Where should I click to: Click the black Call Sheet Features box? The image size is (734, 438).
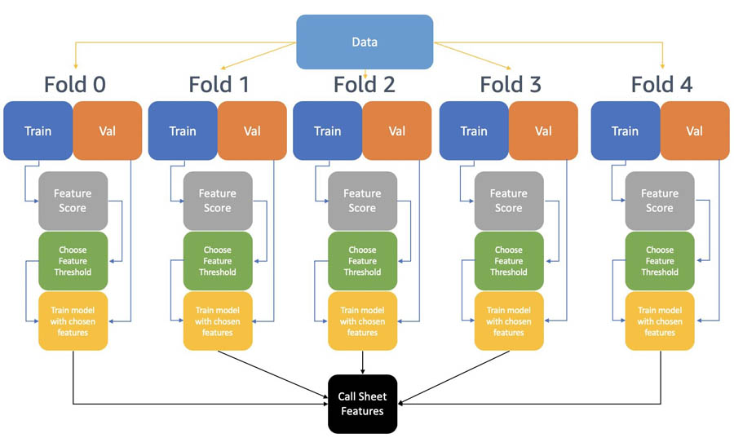[x=361, y=404]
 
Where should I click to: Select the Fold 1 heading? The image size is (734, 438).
[x=219, y=84]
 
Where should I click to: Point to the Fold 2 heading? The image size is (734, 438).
[x=363, y=84]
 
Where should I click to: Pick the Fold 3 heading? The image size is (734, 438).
[x=510, y=84]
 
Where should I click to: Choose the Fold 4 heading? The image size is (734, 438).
[x=661, y=84]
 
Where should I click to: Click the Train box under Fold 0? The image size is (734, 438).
[x=38, y=131]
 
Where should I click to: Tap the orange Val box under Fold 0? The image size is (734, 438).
[x=107, y=131]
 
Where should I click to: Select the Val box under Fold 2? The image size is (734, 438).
[x=396, y=131]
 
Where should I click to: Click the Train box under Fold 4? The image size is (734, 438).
[x=625, y=131]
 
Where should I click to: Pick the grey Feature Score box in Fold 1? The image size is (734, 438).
[x=218, y=201]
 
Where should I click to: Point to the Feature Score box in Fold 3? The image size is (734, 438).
[x=509, y=201]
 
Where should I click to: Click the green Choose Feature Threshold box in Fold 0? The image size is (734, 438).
[x=73, y=261]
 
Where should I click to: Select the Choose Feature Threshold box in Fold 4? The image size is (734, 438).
[x=660, y=261]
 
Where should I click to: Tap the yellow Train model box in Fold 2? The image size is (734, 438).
[x=362, y=321]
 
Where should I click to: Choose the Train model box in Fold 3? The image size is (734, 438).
[x=509, y=321]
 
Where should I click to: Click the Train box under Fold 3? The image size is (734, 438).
[x=474, y=131]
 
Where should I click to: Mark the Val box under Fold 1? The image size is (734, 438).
[x=252, y=131]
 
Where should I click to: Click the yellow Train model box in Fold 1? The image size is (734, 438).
[x=218, y=321]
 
